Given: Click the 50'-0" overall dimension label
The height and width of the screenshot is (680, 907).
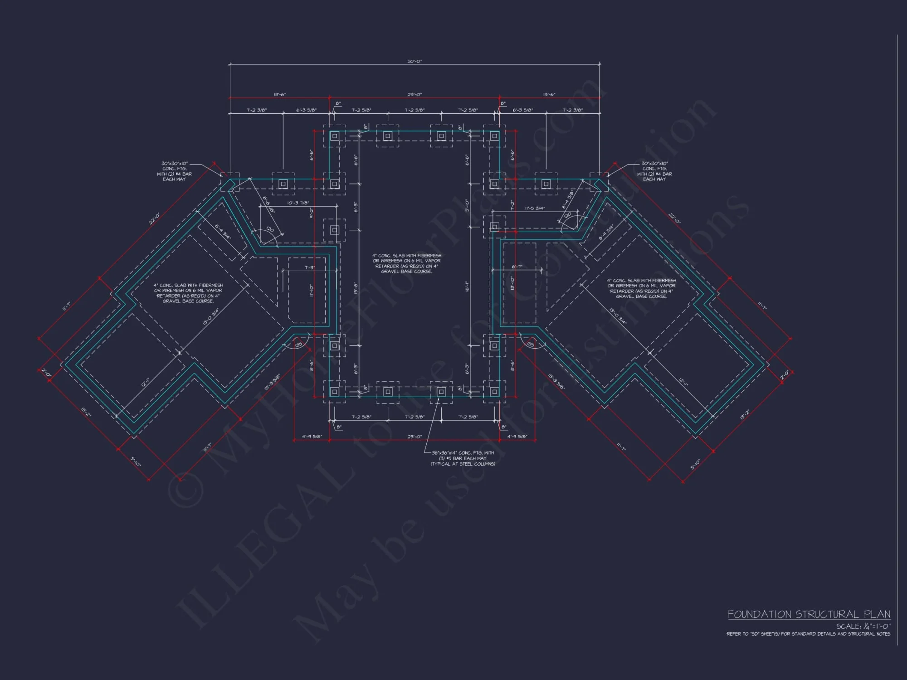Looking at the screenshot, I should coord(414,61).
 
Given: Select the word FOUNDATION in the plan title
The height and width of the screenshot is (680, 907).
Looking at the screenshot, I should coord(760,614).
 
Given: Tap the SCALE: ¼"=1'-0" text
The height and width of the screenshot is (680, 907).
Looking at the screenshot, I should coord(863,626).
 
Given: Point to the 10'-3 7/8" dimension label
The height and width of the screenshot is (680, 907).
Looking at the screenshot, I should coord(298,203).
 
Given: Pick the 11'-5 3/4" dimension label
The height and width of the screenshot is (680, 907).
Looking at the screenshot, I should coord(535,208).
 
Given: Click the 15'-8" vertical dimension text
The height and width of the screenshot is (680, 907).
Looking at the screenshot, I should coord(356,288).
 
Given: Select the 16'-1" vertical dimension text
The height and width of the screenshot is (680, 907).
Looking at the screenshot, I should coord(467,287).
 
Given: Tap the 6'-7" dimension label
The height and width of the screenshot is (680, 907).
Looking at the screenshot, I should coord(517,267).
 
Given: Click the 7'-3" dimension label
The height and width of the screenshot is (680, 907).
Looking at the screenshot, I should coord(309,268).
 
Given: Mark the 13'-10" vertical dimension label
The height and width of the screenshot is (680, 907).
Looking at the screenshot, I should coord(512,283).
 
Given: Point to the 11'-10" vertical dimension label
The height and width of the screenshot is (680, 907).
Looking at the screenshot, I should coord(312,290).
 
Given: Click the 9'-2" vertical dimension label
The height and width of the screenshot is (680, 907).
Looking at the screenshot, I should coord(312,213).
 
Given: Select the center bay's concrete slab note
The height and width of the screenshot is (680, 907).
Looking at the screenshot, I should coord(406,263).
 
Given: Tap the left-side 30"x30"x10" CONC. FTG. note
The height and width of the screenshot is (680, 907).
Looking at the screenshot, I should coord(175,171).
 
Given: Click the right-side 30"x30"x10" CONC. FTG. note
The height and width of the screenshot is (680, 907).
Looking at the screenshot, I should coord(654,171).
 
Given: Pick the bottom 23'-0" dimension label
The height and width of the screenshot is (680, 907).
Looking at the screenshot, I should coord(414,437).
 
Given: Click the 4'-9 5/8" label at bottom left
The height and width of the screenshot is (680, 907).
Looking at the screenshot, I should coord(312,437).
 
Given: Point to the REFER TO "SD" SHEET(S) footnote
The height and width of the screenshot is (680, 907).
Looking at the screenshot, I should coord(808,634).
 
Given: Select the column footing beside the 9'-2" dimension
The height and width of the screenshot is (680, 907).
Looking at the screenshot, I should coord(334,230).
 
